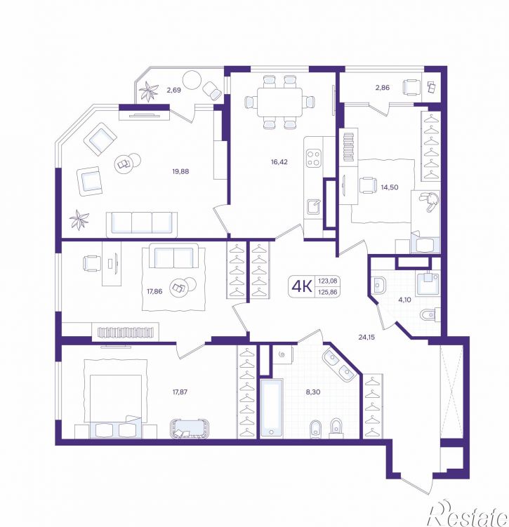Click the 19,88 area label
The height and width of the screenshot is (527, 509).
180,171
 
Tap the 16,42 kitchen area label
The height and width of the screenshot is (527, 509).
279,162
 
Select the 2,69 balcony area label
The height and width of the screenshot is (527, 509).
173,90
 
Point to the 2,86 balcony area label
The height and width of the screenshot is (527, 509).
383,88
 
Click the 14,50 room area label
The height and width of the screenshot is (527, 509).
390,187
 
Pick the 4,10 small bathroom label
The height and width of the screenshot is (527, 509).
404,300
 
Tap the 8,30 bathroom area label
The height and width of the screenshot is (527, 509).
313,392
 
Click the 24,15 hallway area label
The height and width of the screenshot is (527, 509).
366,337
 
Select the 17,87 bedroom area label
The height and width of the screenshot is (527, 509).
180,392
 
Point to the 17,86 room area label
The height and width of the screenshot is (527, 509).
154,291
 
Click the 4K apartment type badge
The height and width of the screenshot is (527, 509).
302,286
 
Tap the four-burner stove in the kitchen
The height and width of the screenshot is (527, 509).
313,159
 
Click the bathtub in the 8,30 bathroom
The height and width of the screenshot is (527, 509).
272,407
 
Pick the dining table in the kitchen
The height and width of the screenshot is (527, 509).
279,102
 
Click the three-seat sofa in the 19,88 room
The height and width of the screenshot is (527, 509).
142,224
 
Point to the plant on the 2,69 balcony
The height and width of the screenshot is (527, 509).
148,91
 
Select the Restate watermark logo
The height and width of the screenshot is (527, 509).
469,512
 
